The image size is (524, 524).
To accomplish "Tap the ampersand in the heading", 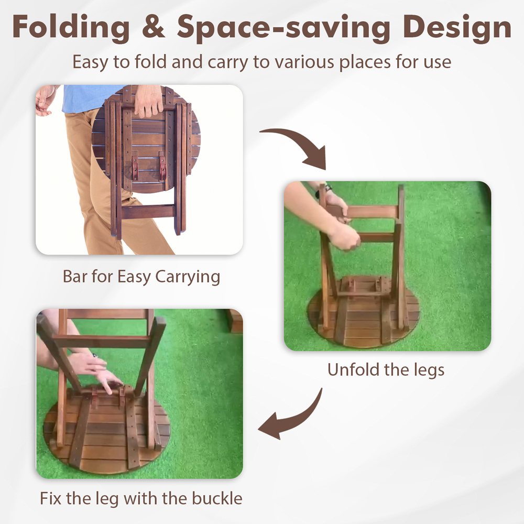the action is coord(154,27).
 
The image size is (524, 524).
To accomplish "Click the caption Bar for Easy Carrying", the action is coord(141,277).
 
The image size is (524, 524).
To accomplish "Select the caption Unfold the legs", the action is coord(386,369).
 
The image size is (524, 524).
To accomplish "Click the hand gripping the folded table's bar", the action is coord(148,101).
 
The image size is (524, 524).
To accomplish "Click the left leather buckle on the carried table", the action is coord(135,168).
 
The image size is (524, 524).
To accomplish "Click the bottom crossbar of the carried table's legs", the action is coord(148,212).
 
